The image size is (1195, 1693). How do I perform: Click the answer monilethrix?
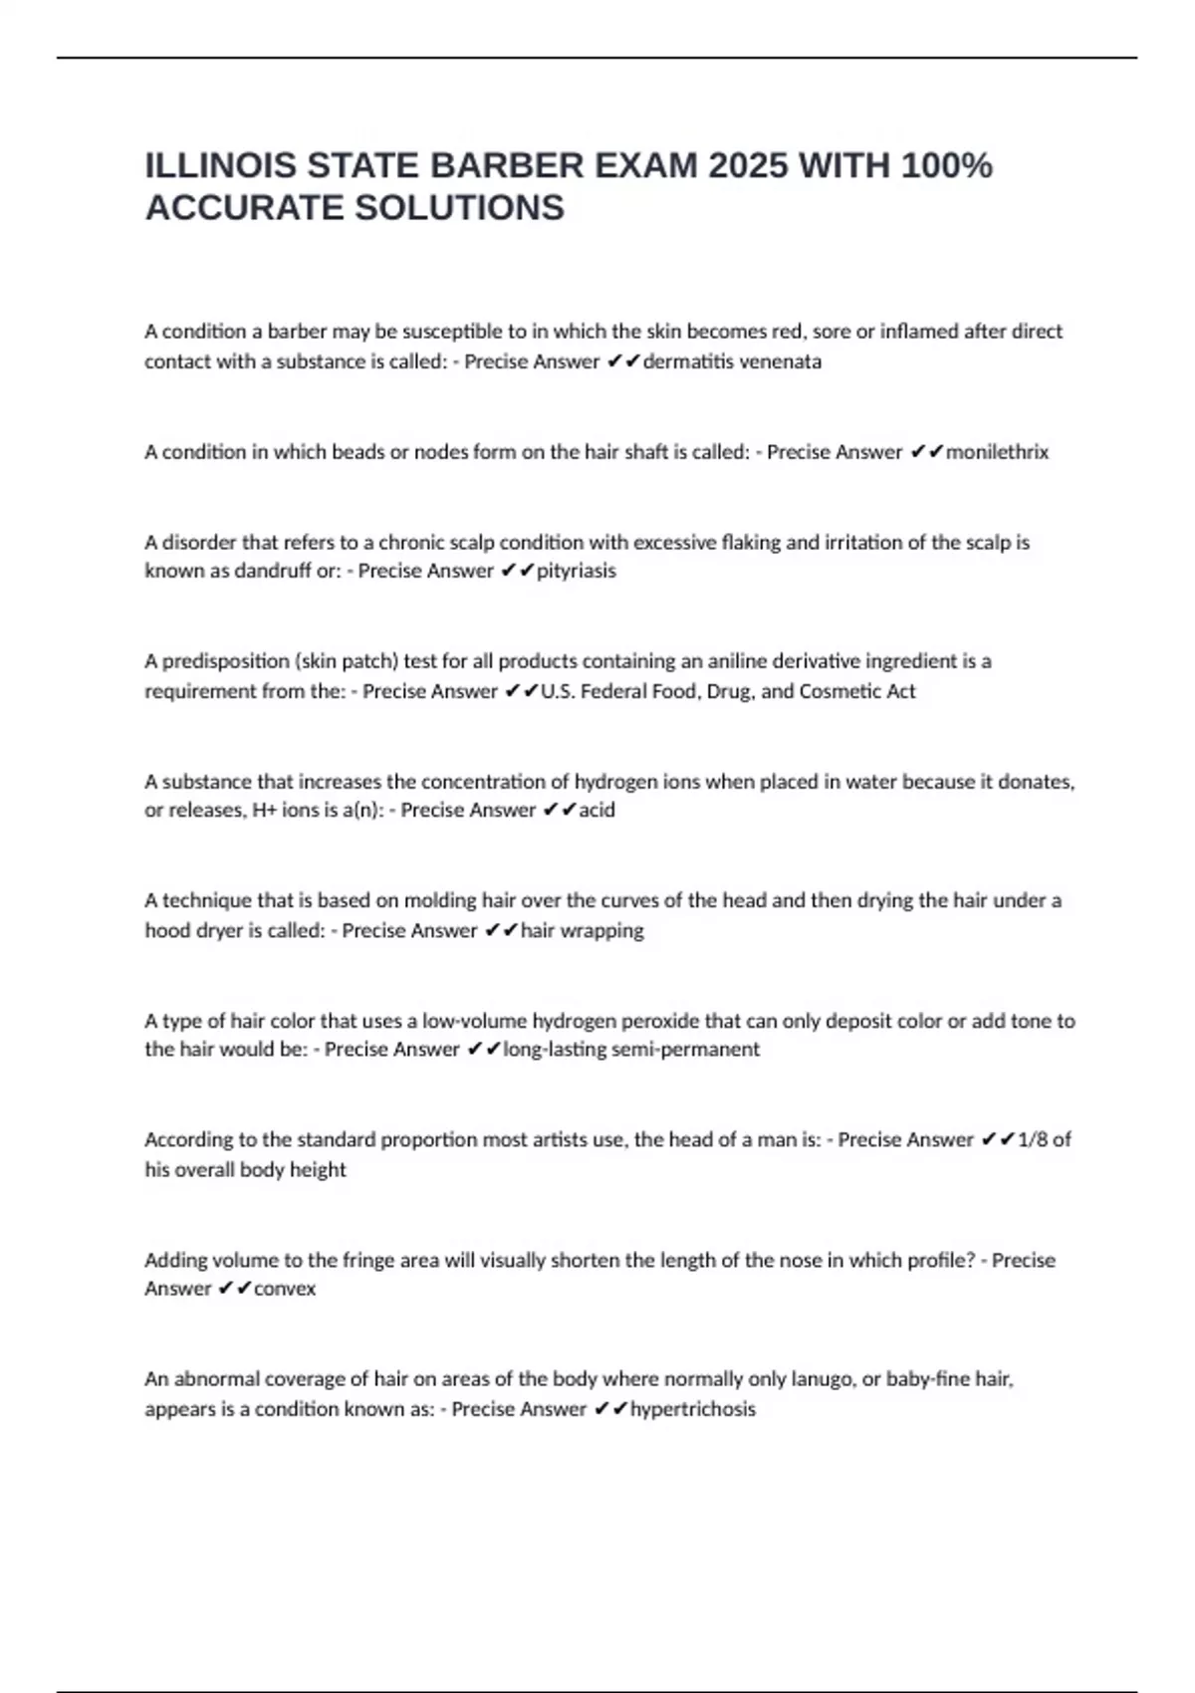997,452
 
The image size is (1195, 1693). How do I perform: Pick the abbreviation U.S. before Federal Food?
557,691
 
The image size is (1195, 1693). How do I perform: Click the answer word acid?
597,810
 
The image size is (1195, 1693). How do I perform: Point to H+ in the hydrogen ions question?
264,810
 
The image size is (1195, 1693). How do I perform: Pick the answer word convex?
285,1289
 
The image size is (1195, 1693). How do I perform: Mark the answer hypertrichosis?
693,1409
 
